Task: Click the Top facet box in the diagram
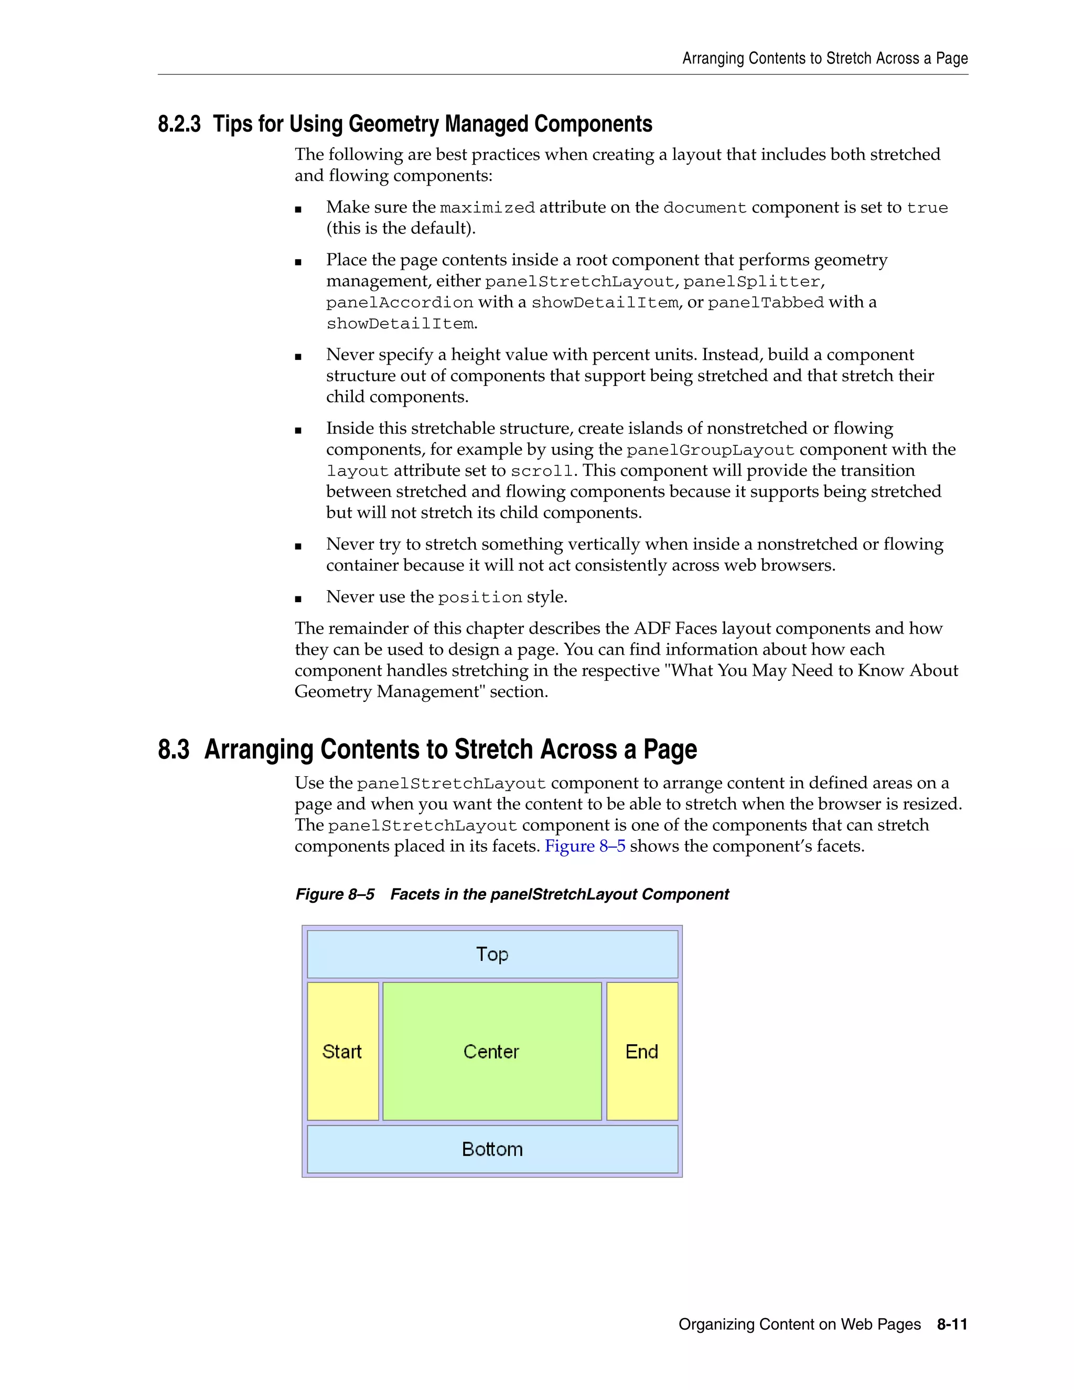pyautogui.click(x=492, y=954)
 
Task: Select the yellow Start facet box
pyautogui.click(x=342, y=1051)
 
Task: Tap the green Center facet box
pyautogui.click(x=492, y=1051)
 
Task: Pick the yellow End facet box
pyautogui.click(x=642, y=1051)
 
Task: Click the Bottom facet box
pyautogui.click(x=492, y=1149)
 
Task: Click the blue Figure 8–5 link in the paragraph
pyautogui.click(x=585, y=847)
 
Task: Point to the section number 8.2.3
pyautogui.click(x=179, y=124)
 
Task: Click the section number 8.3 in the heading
pyautogui.click(x=174, y=750)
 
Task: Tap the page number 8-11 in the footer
pyautogui.click(x=952, y=1324)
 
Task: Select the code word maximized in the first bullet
pyautogui.click(x=487, y=208)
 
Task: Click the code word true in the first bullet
pyautogui.click(x=927, y=208)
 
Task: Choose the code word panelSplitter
pyautogui.click(x=751, y=281)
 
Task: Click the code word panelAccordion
pyautogui.click(x=400, y=303)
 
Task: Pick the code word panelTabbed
pyautogui.click(x=766, y=303)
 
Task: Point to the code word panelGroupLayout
pyautogui.click(x=710, y=451)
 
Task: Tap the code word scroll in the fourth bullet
pyautogui.click(x=542, y=472)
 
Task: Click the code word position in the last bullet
pyautogui.click(x=480, y=597)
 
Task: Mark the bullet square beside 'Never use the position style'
pyautogui.click(x=298, y=599)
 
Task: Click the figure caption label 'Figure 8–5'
pyautogui.click(x=335, y=894)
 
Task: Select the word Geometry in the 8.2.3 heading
pyautogui.click(x=395, y=124)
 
